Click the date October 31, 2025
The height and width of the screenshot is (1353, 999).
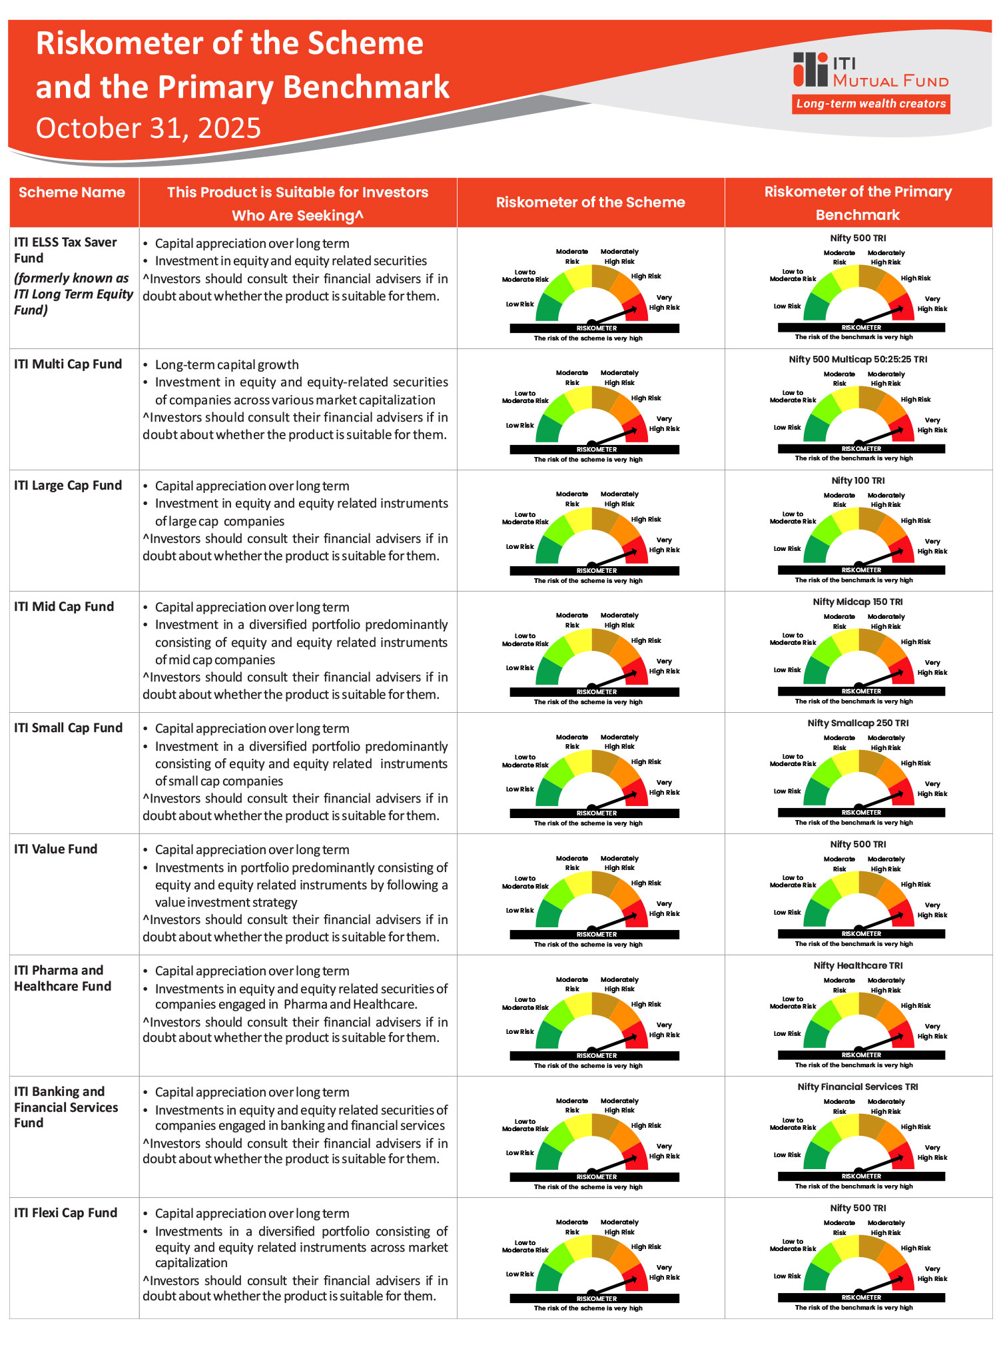pyautogui.click(x=148, y=128)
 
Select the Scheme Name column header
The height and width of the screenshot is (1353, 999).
pyautogui.click(x=72, y=193)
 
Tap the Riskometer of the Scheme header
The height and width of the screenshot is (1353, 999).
pyautogui.click(x=590, y=203)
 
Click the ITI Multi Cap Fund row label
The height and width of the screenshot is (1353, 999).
pyautogui.click(x=68, y=364)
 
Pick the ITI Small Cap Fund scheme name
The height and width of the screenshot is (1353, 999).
pyautogui.click(x=68, y=728)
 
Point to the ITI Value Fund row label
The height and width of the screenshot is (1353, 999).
pyautogui.click(x=55, y=849)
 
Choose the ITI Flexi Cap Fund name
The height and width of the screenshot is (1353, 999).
pyautogui.click(x=65, y=1213)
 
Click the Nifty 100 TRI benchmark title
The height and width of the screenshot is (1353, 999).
pyautogui.click(x=858, y=480)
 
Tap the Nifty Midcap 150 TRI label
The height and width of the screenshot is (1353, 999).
pyautogui.click(x=858, y=602)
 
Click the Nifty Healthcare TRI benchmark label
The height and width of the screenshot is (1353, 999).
pyautogui.click(x=858, y=965)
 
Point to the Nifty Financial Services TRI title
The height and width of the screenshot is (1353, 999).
pyautogui.click(x=858, y=1087)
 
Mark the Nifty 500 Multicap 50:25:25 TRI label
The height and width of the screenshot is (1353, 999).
pyautogui.click(x=858, y=359)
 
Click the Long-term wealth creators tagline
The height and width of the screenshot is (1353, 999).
pyautogui.click(x=870, y=104)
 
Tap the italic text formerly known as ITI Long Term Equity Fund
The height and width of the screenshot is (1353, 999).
pyautogui.click(x=73, y=294)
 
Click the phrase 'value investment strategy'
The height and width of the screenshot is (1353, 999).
pyautogui.click(x=226, y=903)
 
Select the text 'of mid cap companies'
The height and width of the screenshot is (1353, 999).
pyautogui.click(x=215, y=660)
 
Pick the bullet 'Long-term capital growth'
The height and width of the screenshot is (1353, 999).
pyautogui.click(x=226, y=365)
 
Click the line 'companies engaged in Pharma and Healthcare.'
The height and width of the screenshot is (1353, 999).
pyautogui.click(x=286, y=1005)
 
